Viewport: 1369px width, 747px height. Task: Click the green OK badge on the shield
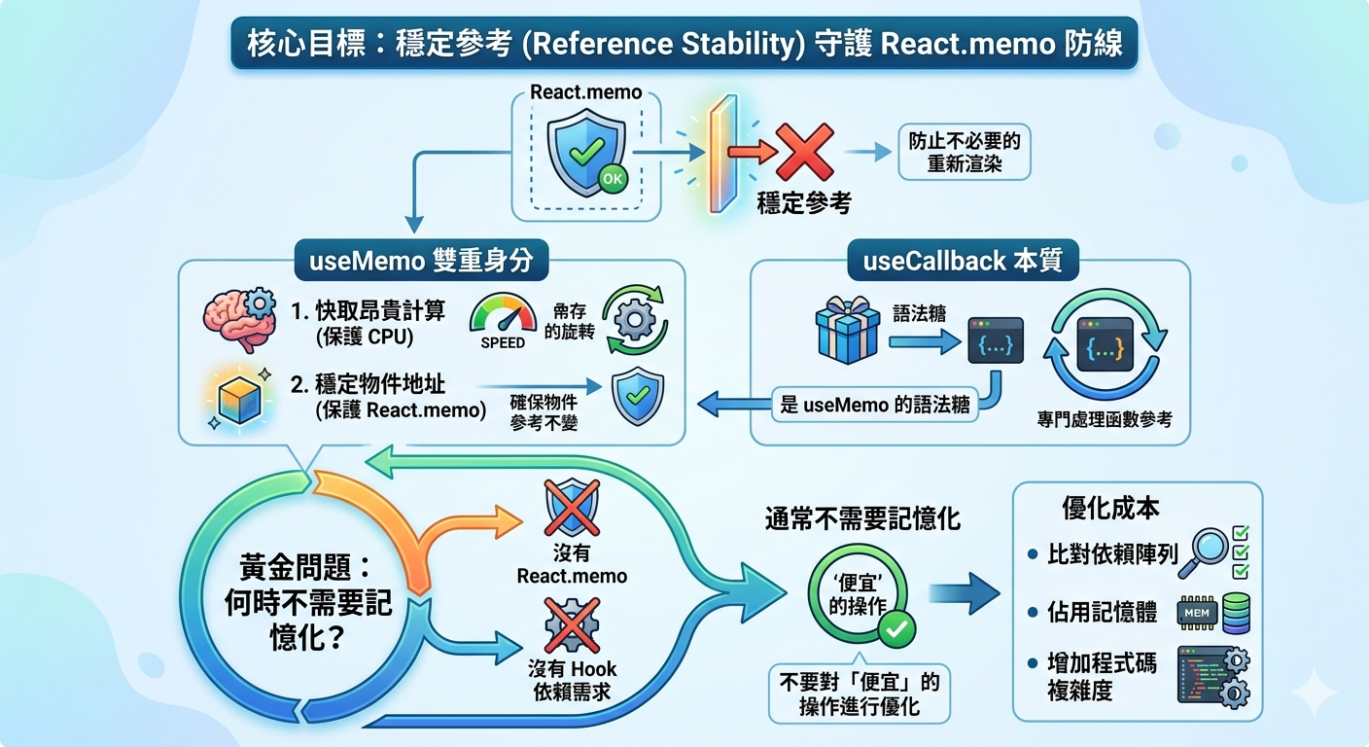click(x=613, y=179)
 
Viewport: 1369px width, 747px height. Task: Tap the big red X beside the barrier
click(x=805, y=152)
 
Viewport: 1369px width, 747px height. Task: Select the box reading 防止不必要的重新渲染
click(x=965, y=152)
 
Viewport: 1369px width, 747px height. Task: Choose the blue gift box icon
click(x=848, y=330)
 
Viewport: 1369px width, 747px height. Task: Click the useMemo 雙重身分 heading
click(x=421, y=261)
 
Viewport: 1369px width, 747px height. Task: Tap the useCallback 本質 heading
click(x=963, y=261)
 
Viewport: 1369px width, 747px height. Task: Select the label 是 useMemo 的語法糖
click(x=874, y=405)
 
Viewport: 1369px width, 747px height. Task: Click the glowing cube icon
click(x=239, y=399)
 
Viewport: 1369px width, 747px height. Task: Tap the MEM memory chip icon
click(x=1197, y=613)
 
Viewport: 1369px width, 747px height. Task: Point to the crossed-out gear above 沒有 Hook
click(x=572, y=625)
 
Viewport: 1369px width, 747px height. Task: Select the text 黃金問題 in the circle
click(x=297, y=567)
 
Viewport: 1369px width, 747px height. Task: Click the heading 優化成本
click(x=1109, y=508)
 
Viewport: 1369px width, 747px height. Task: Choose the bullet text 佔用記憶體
click(x=1102, y=612)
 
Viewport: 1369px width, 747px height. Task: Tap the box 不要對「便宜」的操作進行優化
click(x=860, y=694)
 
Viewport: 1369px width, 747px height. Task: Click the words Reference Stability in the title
click(x=664, y=44)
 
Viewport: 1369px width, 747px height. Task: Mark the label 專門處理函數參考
click(x=1105, y=419)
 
